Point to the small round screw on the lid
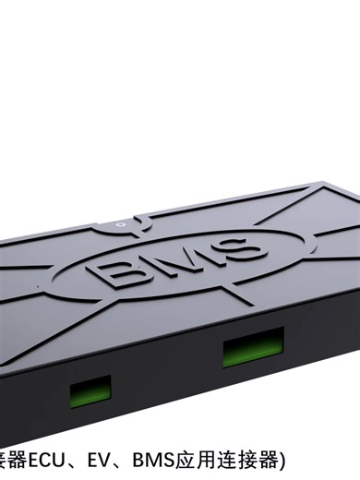click(x=120, y=222)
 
